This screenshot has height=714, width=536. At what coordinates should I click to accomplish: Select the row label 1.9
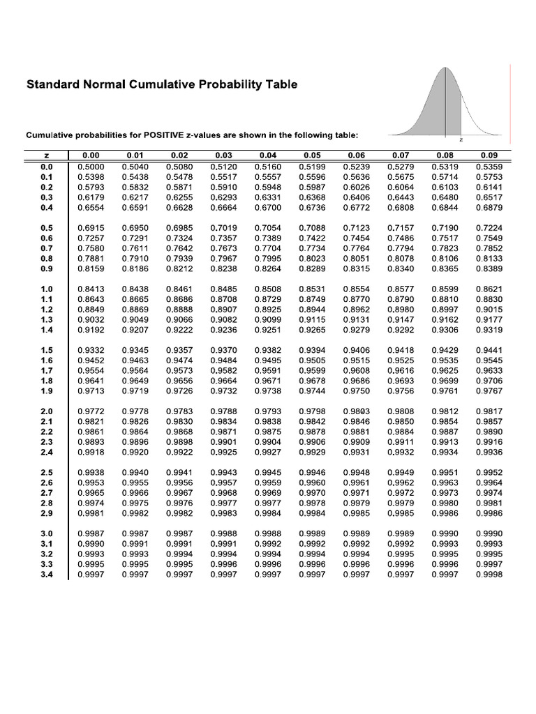tap(47, 391)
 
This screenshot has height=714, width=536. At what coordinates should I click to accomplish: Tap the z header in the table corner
tap(47, 155)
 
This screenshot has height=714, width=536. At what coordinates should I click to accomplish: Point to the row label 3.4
tap(47, 575)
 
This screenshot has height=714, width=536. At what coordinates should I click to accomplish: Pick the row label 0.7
tap(47, 249)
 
